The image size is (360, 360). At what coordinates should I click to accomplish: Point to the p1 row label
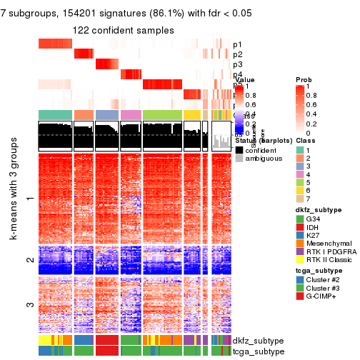pos(237,44)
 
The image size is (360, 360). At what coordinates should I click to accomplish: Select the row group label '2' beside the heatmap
pos(29,259)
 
